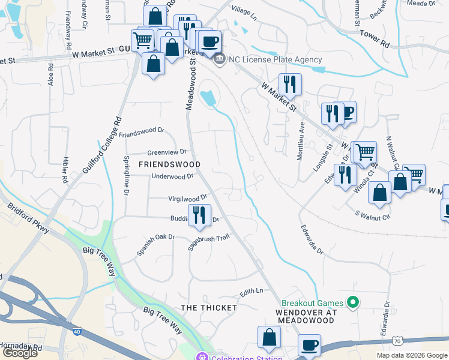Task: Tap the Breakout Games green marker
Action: tap(353, 303)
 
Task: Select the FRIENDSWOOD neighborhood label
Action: tap(169, 164)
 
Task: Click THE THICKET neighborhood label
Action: tap(209, 307)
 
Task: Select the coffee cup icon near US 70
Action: tap(310, 346)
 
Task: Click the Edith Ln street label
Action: tap(252, 292)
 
